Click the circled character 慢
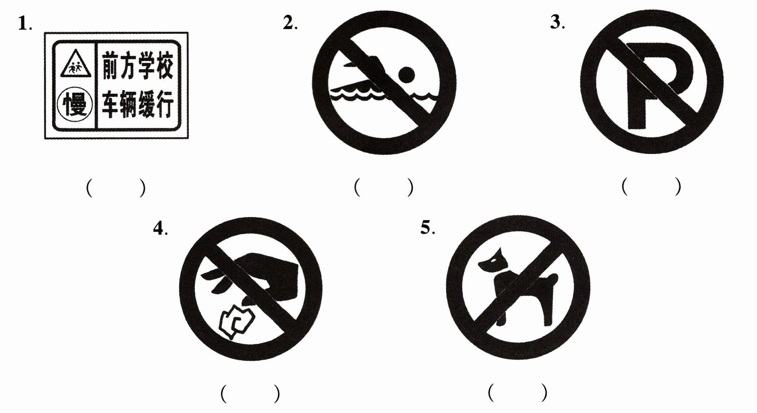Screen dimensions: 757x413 click(x=75, y=105)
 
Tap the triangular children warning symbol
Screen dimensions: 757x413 click(x=76, y=64)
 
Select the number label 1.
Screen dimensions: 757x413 click(x=25, y=24)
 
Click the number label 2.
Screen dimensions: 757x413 click(x=290, y=23)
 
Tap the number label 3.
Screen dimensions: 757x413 click(x=558, y=23)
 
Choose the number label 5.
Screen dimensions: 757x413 click(x=428, y=227)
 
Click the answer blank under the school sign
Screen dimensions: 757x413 click(x=116, y=188)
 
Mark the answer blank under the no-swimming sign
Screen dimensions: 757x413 click(x=384, y=187)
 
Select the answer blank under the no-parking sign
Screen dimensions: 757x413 click(x=651, y=186)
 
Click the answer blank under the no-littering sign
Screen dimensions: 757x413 click(x=251, y=394)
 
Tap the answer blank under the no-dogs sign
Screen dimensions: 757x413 click(x=518, y=392)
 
